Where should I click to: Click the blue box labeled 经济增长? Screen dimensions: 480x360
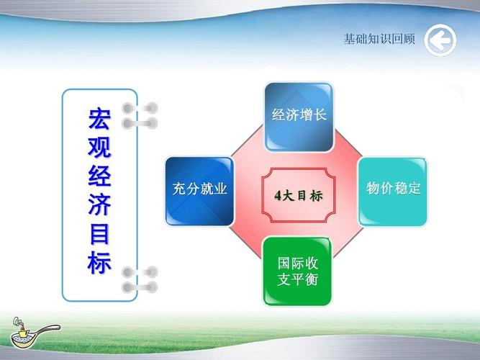tap(299, 117)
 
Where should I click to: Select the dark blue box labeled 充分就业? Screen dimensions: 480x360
tap(199, 192)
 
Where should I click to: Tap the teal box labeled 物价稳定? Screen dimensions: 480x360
tap(393, 192)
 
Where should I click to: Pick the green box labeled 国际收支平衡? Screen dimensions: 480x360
tap(297, 271)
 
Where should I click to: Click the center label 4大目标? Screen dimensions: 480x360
tap(299, 195)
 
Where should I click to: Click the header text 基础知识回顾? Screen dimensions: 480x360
tap(379, 39)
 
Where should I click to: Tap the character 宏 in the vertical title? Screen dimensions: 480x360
tap(99, 119)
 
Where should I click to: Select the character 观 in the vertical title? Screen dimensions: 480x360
tap(99, 147)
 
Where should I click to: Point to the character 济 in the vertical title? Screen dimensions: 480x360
tap(99, 204)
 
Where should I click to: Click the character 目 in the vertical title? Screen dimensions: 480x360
tap(99, 234)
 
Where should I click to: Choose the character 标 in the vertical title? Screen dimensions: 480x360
tap(99, 263)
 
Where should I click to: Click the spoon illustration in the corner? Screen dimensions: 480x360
tap(34, 333)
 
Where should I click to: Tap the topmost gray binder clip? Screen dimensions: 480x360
tap(140, 108)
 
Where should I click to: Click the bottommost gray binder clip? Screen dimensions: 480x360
tap(140, 288)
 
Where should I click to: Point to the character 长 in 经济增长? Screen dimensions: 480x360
tap(320, 115)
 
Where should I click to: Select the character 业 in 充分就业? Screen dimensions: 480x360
tap(220, 189)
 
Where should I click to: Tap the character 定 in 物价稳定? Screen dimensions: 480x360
tap(415, 188)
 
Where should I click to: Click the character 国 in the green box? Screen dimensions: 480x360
tap(284, 263)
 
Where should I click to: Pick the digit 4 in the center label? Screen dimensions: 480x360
tap(278, 195)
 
